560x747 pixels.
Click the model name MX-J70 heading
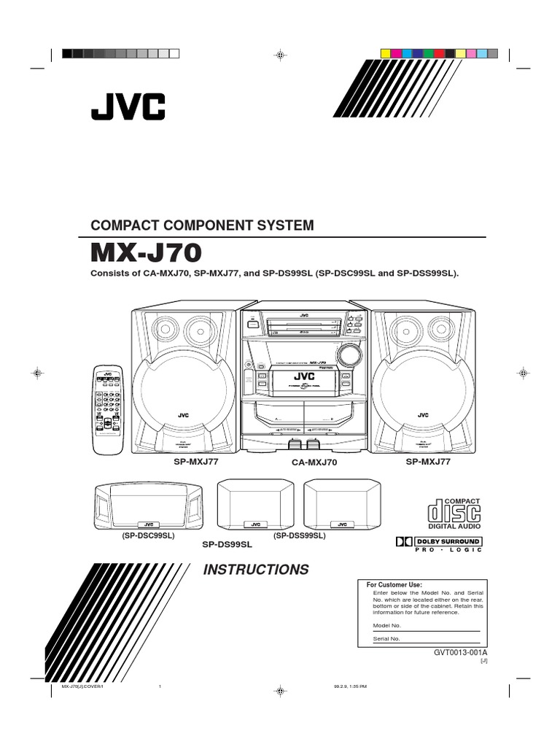click(x=144, y=252)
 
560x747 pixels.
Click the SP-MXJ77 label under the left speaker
click(x=195, y=462)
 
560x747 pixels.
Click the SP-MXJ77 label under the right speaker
click(x=428, y=462)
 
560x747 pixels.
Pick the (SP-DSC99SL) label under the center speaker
click(x=148, y=535)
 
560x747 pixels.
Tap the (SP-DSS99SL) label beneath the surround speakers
click(x=299, y=535)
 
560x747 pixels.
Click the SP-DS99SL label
click(x=226, y=544)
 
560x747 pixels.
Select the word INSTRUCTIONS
click(x=255, y=570)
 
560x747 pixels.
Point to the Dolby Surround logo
click(x=439, y=541)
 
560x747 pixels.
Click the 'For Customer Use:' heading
click(x=394, y=584)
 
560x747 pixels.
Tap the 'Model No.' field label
click(x=387, y=626)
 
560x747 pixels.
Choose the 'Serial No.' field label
click(x=386, y=638)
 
